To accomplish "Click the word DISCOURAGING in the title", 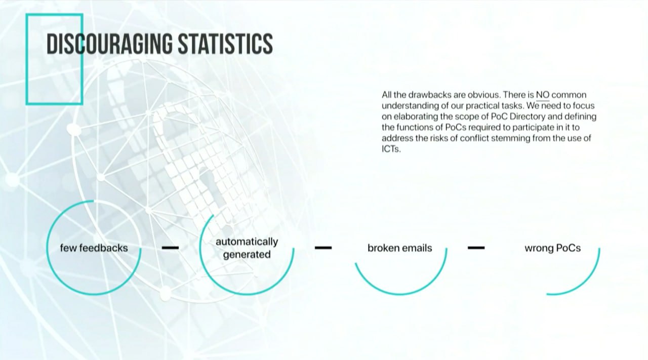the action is point(109,44).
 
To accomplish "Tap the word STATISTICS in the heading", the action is point(225,44).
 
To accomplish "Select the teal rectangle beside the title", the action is point(27,59).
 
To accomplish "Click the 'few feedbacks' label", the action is point(94,248).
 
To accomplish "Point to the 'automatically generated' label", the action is point(247,248).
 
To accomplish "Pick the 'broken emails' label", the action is point(400,248).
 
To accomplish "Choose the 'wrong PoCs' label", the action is point(552,248).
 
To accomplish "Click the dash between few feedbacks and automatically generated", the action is point(171,248).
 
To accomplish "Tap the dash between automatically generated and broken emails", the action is point(323,248).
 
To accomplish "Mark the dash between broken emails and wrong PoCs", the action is point(476,248).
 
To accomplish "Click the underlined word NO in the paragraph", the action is point(543,95).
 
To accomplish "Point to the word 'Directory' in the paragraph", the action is point(527,116).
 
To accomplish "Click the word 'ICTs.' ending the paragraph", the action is point(391,149).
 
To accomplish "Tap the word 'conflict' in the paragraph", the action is point(474,138).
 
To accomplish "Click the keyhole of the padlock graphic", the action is point(208,182).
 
